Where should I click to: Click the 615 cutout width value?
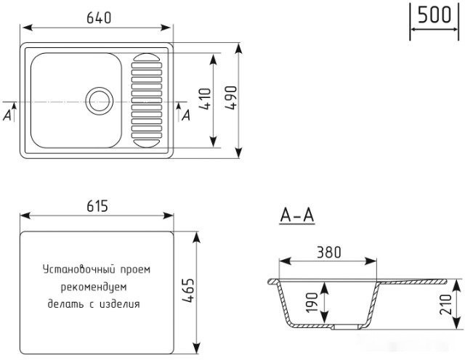tap(96, 206)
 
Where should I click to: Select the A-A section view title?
tap(296, 215)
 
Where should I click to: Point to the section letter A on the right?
tap(186, 114)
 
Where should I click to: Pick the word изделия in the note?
tap(121, 304)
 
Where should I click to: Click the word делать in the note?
tap(63, 304)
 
